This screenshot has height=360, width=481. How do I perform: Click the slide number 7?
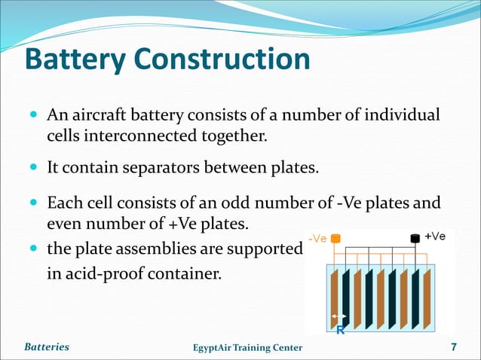(x=454, y=347)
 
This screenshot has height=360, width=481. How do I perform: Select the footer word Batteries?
(x=46, y=347)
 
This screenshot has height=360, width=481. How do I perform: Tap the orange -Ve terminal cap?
(x=335, y=239)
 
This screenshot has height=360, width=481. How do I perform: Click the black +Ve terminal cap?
(x=414, y=239)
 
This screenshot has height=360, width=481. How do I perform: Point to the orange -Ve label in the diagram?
(x=318, y=239)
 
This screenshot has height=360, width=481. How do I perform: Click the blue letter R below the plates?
(x=340, y=329)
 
